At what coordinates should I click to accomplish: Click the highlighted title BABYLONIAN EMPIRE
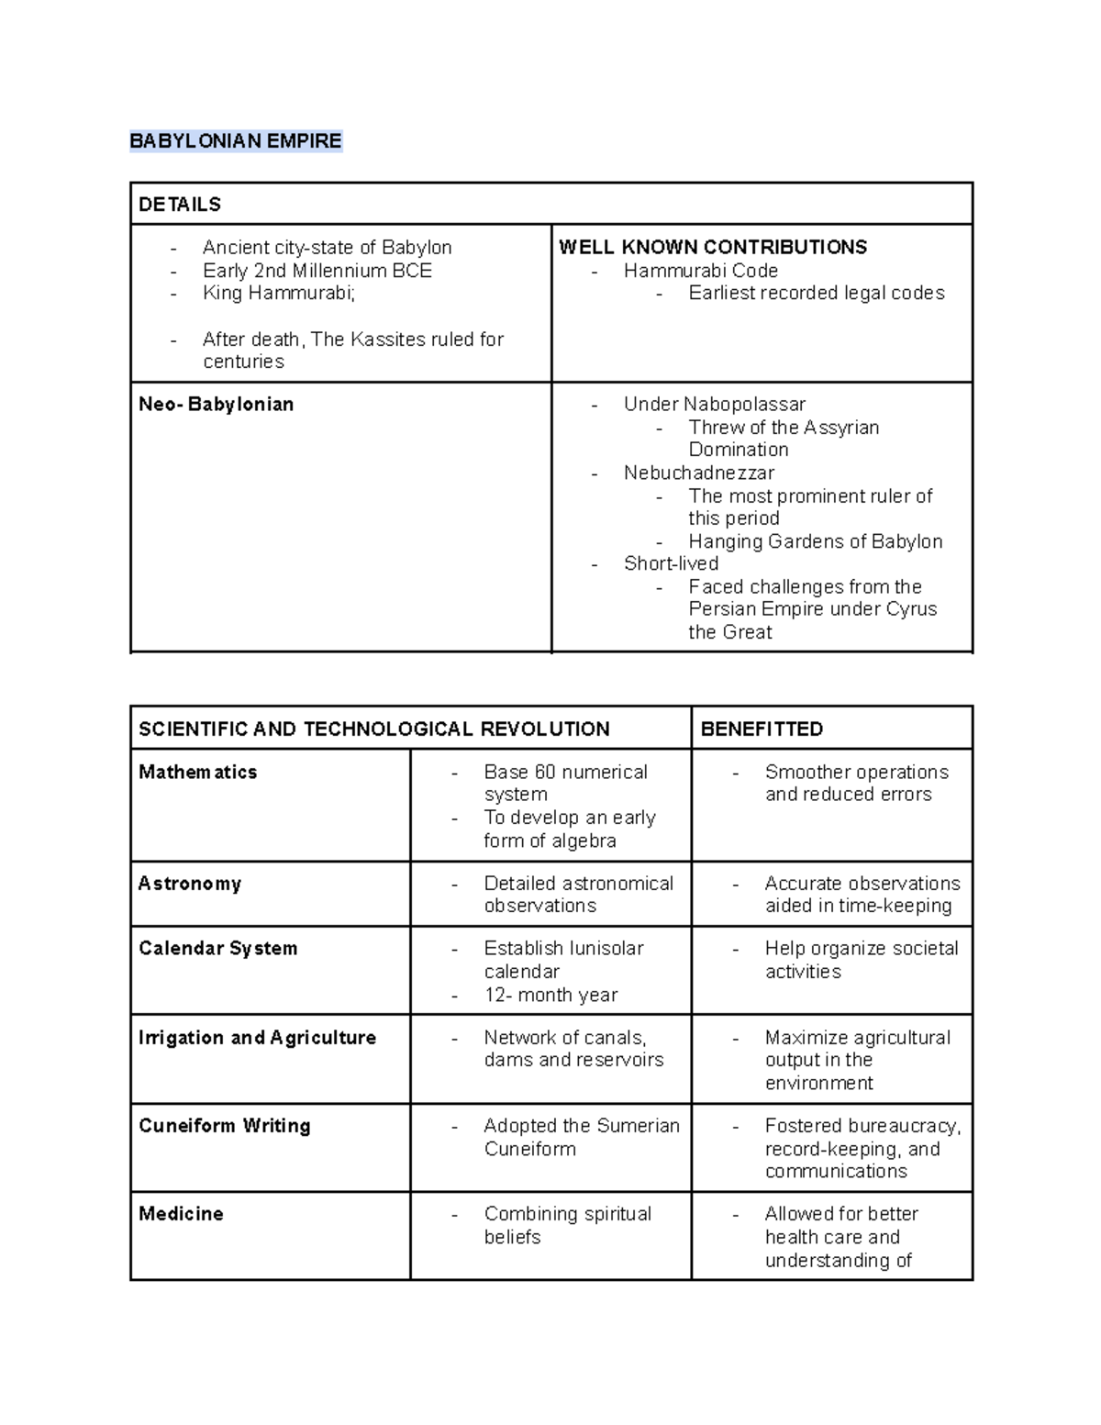(235, 140)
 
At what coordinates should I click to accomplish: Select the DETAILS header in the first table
(180, 204)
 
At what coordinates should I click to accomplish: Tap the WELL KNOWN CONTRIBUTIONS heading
(713, 247)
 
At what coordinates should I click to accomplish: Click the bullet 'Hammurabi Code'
(700, 271)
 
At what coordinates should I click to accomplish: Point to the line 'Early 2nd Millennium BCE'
(317, 271)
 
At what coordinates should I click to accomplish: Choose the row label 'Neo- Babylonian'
(216, 404)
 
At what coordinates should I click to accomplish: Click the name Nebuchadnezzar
(698, 473)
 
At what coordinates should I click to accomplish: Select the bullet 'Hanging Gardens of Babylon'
(815, 541)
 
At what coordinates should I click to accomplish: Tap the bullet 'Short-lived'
(671, 563)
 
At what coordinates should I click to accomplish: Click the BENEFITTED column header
(762, 729)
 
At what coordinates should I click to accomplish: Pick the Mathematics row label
(197, 772)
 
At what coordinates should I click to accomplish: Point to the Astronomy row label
(190, 883)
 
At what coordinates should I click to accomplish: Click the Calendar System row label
(217, 948)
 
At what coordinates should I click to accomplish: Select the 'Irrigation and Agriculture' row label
(257, 1037)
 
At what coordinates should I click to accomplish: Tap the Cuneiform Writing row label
(224, 1125)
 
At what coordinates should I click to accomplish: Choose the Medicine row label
(181, 1213)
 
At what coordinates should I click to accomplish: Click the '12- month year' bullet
(550, 995)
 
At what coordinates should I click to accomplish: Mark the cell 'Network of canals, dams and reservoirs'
(573, 1049)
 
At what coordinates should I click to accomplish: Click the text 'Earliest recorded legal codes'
(816, 293)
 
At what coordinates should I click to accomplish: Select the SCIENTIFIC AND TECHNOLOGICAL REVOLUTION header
(373, 729)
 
